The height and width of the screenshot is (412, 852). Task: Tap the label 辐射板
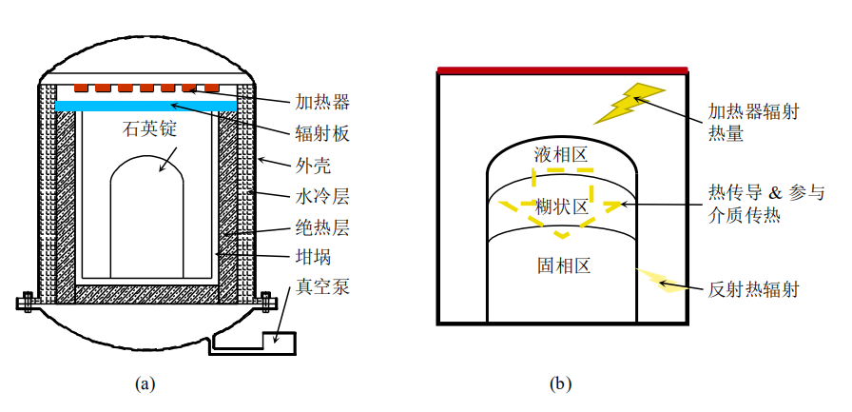[322, 133]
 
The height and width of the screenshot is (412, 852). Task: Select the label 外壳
[313, 166]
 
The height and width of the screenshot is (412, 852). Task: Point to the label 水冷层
[322, 198]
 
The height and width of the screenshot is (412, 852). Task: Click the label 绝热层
[322, 229]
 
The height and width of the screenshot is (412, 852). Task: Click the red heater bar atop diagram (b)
[563, 69]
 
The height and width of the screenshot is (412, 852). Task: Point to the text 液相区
[561, 154]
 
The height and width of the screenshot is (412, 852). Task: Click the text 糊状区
[561, 207]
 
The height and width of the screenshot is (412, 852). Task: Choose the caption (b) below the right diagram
[561, 384]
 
